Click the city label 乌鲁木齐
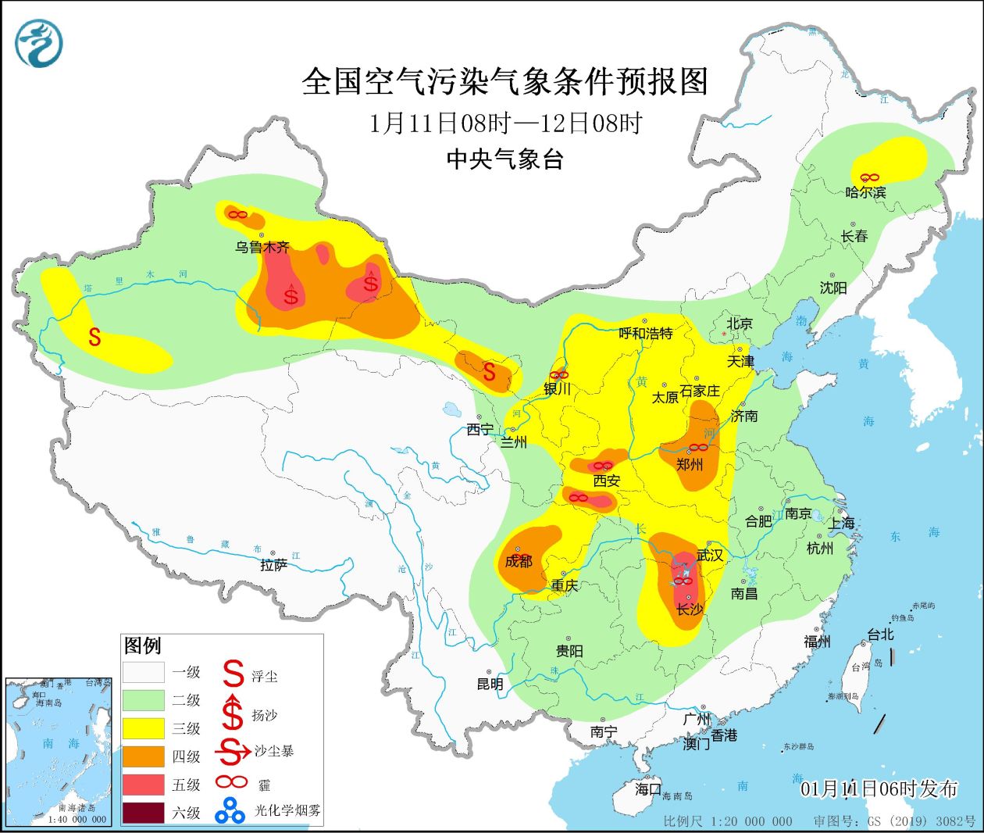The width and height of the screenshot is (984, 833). pos(262,247)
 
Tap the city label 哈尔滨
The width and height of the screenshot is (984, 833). pos(865,191)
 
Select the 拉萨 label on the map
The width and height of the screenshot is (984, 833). pos(273,565)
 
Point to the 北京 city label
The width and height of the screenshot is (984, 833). pos(739,324)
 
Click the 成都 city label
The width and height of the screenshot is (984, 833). pos(518,561)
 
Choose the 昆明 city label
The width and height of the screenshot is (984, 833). pos(490,684)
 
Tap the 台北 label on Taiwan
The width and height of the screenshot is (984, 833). pos(880,635)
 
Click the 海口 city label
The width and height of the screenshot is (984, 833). pos(647,789)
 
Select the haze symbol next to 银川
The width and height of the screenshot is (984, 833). pos(559,376)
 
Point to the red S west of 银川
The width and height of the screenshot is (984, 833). pos(489,371)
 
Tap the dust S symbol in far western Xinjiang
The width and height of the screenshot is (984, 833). pos(94,337)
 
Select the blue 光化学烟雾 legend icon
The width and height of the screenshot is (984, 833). pos(230,811)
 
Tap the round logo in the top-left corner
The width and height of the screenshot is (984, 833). pos(38,43)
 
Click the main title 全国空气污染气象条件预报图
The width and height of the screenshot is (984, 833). pos(504,81)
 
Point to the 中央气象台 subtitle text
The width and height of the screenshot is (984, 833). pos(504,159)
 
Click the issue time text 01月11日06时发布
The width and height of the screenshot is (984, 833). pos(879,788)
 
